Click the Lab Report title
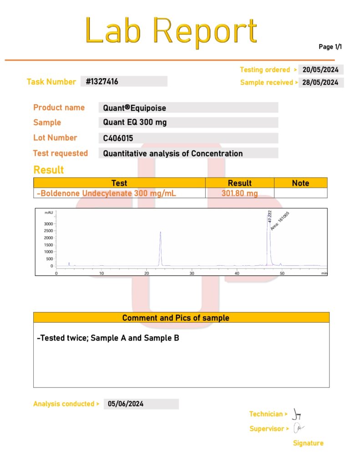[171, 31]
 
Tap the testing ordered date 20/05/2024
[320, 70]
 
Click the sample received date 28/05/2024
[320, 82]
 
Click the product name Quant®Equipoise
[134, 108]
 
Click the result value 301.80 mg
[239, 193]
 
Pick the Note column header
[300, 183]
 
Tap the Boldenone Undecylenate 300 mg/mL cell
[106, 193]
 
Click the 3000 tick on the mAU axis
[49, 224]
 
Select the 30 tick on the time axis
[192, 273]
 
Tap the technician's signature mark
[297, 414]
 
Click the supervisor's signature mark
[299, 428]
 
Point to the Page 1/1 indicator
[330, 47]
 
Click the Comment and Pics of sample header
[182, 318]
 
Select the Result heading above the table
[49, 170]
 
